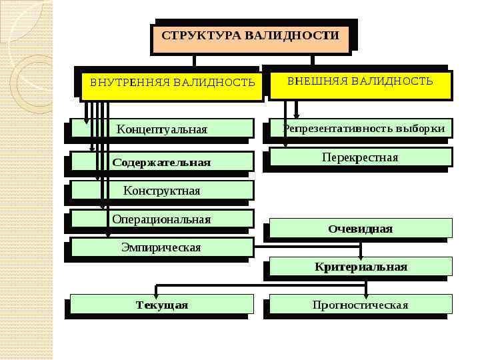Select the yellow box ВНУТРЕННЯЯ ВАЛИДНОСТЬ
point(172,84)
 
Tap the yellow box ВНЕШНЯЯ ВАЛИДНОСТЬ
point(360,83)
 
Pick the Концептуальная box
point(162,129)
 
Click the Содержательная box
point(161,162)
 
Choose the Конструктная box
point(161,191)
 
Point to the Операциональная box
point(161,219)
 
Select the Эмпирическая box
point(161,247)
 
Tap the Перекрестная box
point(360,157)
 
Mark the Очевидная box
point(360,229)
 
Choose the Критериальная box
point(361,267)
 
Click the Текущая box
point(162,305)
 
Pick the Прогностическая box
point(360,305)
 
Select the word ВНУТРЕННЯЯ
point(129,83)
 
